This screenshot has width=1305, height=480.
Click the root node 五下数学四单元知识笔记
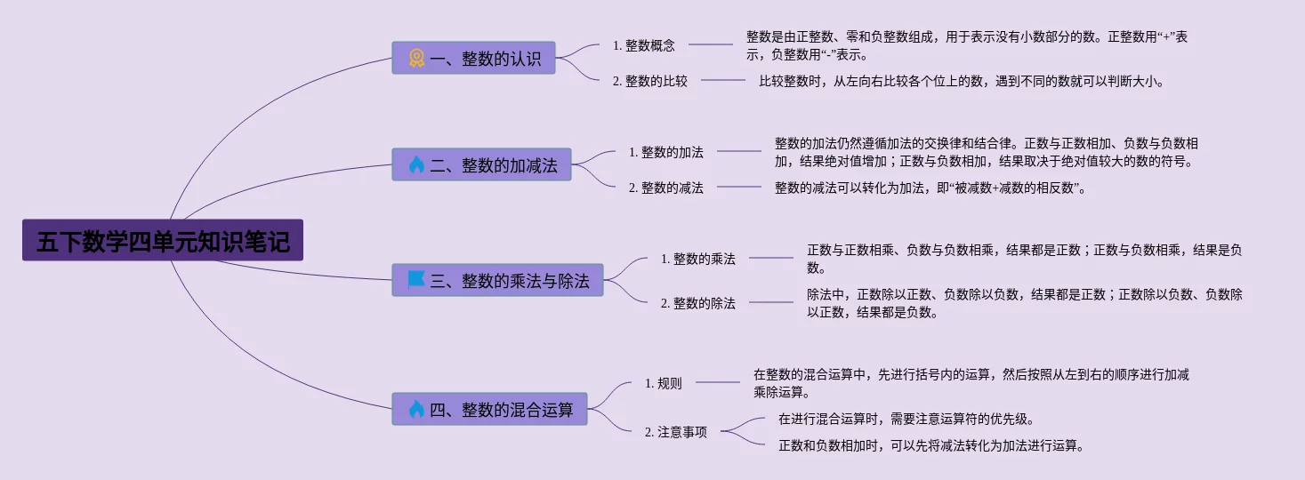[x=163, y=241]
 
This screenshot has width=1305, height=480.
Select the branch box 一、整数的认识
[x=473, y=59]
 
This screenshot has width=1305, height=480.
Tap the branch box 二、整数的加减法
[x=481, y=165]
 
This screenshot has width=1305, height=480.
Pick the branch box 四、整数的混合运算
[x=489, y=410]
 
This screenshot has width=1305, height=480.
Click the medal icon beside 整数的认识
[x=416, y=59]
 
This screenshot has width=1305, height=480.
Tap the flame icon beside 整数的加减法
[x=416, y=165]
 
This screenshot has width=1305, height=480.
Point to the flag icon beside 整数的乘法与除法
[x=416, y=281]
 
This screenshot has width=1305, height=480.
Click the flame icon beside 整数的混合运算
[x=416, y=410]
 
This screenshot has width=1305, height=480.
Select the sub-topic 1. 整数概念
[x=644, y=44]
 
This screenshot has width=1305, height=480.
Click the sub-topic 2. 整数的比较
[x=650, y=81]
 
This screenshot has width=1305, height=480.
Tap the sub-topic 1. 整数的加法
[x=666, y=152]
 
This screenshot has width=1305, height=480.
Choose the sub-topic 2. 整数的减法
[x=666, y=188]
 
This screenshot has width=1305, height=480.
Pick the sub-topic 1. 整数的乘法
[x=698, y=259]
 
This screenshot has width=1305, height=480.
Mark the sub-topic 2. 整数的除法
[x=698, y=303]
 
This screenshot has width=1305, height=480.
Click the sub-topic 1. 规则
[x=664, y=383]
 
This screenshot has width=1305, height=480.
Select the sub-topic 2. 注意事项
[x=676, y=432]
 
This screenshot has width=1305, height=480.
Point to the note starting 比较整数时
[x=961, y=81]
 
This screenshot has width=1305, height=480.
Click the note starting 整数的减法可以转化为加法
[x=930, y=188]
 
